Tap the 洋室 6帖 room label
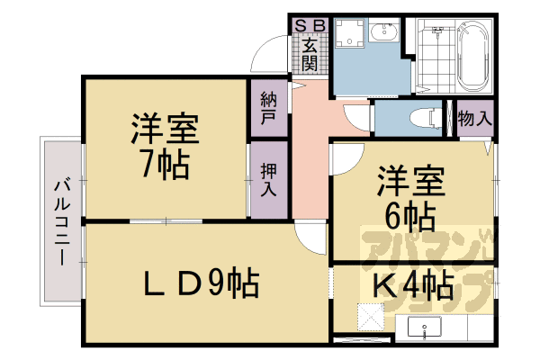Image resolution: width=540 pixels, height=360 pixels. click(409, 196)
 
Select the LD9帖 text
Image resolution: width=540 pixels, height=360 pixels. click(202, 283)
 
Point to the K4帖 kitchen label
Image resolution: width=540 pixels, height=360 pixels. click(413, 286)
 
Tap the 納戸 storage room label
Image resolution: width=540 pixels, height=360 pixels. click(268, 107)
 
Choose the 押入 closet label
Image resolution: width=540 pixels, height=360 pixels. click(268, 179)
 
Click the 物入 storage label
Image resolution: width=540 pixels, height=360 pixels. click(474, 118)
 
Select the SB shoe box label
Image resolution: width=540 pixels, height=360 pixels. click(309, 24)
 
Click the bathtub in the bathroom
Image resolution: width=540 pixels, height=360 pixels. click(472, 57)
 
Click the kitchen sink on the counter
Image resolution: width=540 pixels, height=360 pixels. click(422, 328)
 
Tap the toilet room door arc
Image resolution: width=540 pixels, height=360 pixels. click(358, 115)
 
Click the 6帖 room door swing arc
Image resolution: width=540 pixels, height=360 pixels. click(342, 159)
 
